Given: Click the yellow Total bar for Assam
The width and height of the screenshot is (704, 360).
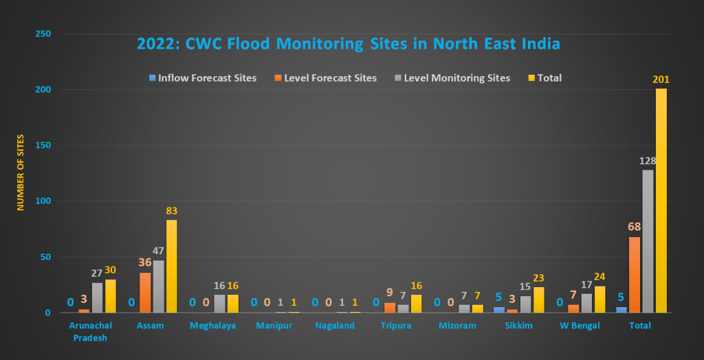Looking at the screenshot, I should coord(170,267).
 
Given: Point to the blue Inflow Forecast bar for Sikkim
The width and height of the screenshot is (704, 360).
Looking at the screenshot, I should coord(498,310).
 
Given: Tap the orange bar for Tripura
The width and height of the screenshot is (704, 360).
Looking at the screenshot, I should coord(390,308).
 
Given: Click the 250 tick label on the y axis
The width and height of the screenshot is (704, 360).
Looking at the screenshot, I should coord(41,34).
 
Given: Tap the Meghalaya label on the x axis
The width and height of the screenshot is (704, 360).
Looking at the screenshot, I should coord(213,326).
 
